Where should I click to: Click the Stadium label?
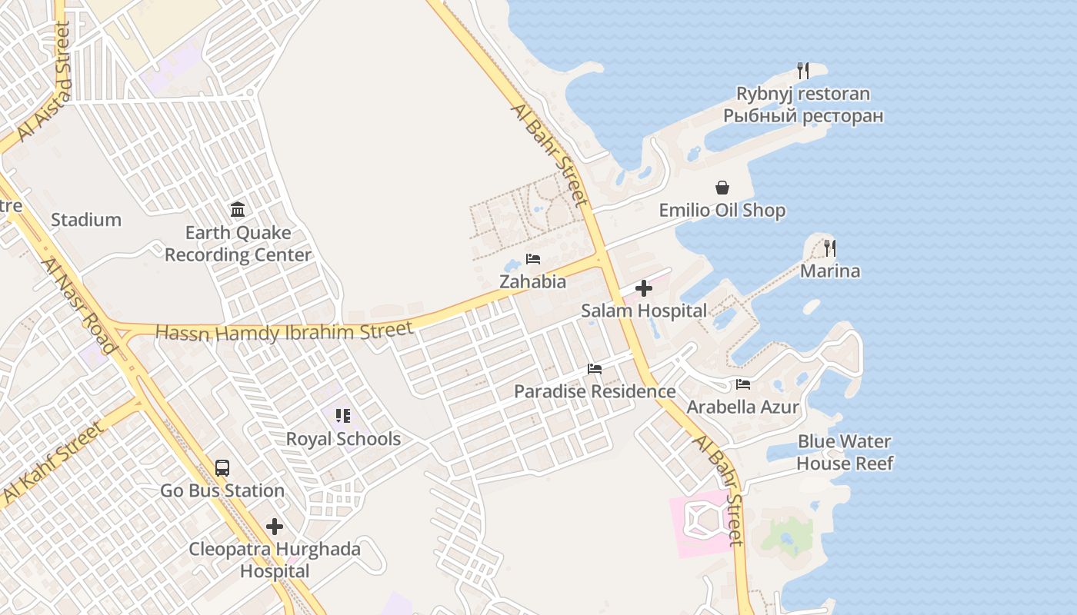86,220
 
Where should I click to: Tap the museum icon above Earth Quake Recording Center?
238,209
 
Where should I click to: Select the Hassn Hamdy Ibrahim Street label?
284,332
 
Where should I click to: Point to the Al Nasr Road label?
79,305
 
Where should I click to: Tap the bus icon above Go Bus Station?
222,467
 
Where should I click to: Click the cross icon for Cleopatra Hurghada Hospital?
275,527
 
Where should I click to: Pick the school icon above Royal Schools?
343,416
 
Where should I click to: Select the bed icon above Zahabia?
533,258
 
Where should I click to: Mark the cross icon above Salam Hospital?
644,288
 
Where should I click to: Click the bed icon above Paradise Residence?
595,368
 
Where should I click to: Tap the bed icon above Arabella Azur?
743,384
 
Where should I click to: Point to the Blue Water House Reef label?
845,452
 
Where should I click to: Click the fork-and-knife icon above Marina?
830,248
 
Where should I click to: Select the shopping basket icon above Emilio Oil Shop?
722,188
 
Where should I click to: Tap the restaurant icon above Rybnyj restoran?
803,71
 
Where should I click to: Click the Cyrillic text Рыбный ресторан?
803,116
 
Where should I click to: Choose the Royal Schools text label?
343,439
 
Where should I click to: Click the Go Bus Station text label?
222,490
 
